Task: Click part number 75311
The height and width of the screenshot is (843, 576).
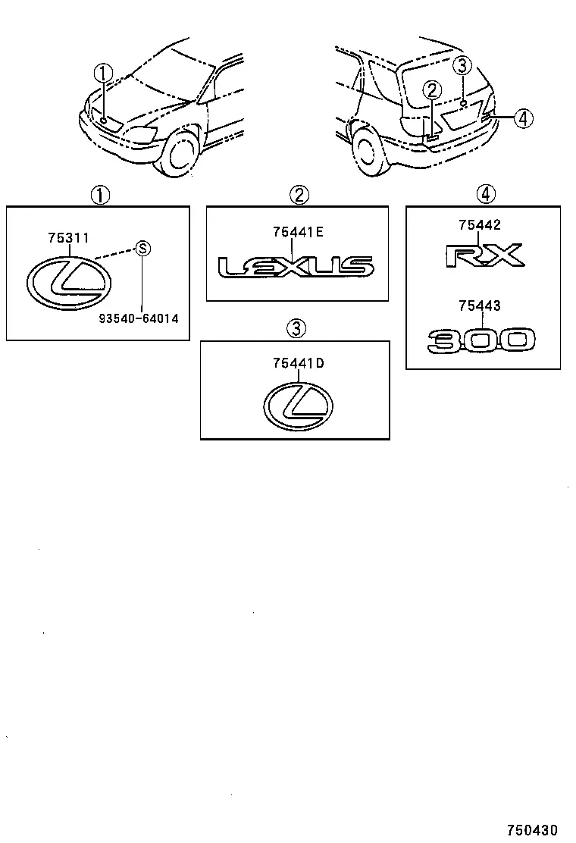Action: [x=68, y=237]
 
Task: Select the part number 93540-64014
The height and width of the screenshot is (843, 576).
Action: [x=139, y=318]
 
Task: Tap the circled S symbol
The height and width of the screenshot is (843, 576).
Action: [x=142, y=249]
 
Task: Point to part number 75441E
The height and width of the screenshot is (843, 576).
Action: [x=298, y=232]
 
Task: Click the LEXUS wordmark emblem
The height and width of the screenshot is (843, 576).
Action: [x=296, y=267]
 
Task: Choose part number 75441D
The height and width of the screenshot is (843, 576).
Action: [x=298, y=363]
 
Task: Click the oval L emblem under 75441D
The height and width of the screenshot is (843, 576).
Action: [x=299, y=406]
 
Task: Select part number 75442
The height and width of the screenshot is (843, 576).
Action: [x=480, y=225]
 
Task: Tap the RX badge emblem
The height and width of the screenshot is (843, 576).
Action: [x=484, y=255]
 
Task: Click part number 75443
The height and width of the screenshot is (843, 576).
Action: [x=480, y=306]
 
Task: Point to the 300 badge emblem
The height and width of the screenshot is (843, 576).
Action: [x=481, y=340]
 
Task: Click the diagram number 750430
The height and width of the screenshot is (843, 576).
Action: [x=533, y=830]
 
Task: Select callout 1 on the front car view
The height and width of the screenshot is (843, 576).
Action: [x=104, y=74]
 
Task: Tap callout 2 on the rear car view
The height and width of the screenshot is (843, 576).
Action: [x=432, y=90]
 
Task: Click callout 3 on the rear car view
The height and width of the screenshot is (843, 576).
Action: [x=462, y=66]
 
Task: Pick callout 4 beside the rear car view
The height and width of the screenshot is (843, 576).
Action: [x=524, y=118]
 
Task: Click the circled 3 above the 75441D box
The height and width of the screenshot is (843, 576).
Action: [x=296, y=328]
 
